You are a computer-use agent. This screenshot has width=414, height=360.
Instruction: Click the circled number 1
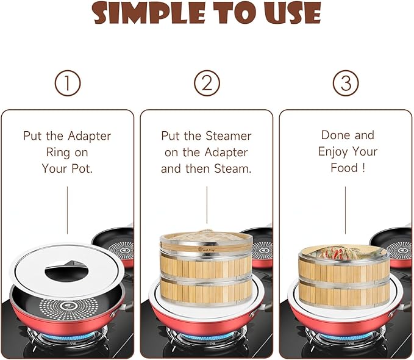tap(67, 83)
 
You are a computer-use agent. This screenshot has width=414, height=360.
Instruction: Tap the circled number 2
tap(207, 83)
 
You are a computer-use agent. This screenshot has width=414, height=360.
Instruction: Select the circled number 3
tap(346, 83)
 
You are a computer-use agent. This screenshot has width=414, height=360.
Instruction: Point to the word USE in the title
tap(291, 13)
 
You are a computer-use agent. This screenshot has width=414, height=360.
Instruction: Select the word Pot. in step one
tap(79, 168)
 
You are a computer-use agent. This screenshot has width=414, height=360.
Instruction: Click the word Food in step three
tap(342, 168)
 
